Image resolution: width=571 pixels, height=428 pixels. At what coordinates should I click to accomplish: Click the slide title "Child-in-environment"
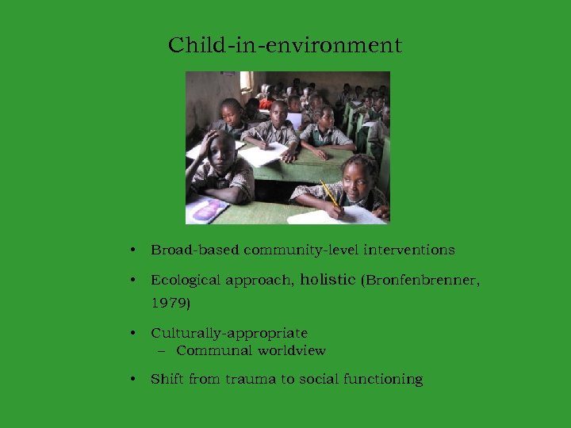[285, 45]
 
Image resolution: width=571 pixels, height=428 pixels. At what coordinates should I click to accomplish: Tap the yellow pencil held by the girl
[329, 193]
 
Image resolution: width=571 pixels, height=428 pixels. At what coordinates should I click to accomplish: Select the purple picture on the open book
[208, 210]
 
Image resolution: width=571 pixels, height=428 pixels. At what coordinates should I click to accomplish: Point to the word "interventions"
[409, 250]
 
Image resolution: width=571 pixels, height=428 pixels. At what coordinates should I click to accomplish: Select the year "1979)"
[171, 303]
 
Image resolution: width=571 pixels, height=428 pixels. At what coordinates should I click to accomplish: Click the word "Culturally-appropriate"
[229, 333]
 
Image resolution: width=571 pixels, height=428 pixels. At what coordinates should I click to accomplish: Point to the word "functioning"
[382, 379]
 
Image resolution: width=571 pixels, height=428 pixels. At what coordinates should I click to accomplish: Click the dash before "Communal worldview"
[162, 350]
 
